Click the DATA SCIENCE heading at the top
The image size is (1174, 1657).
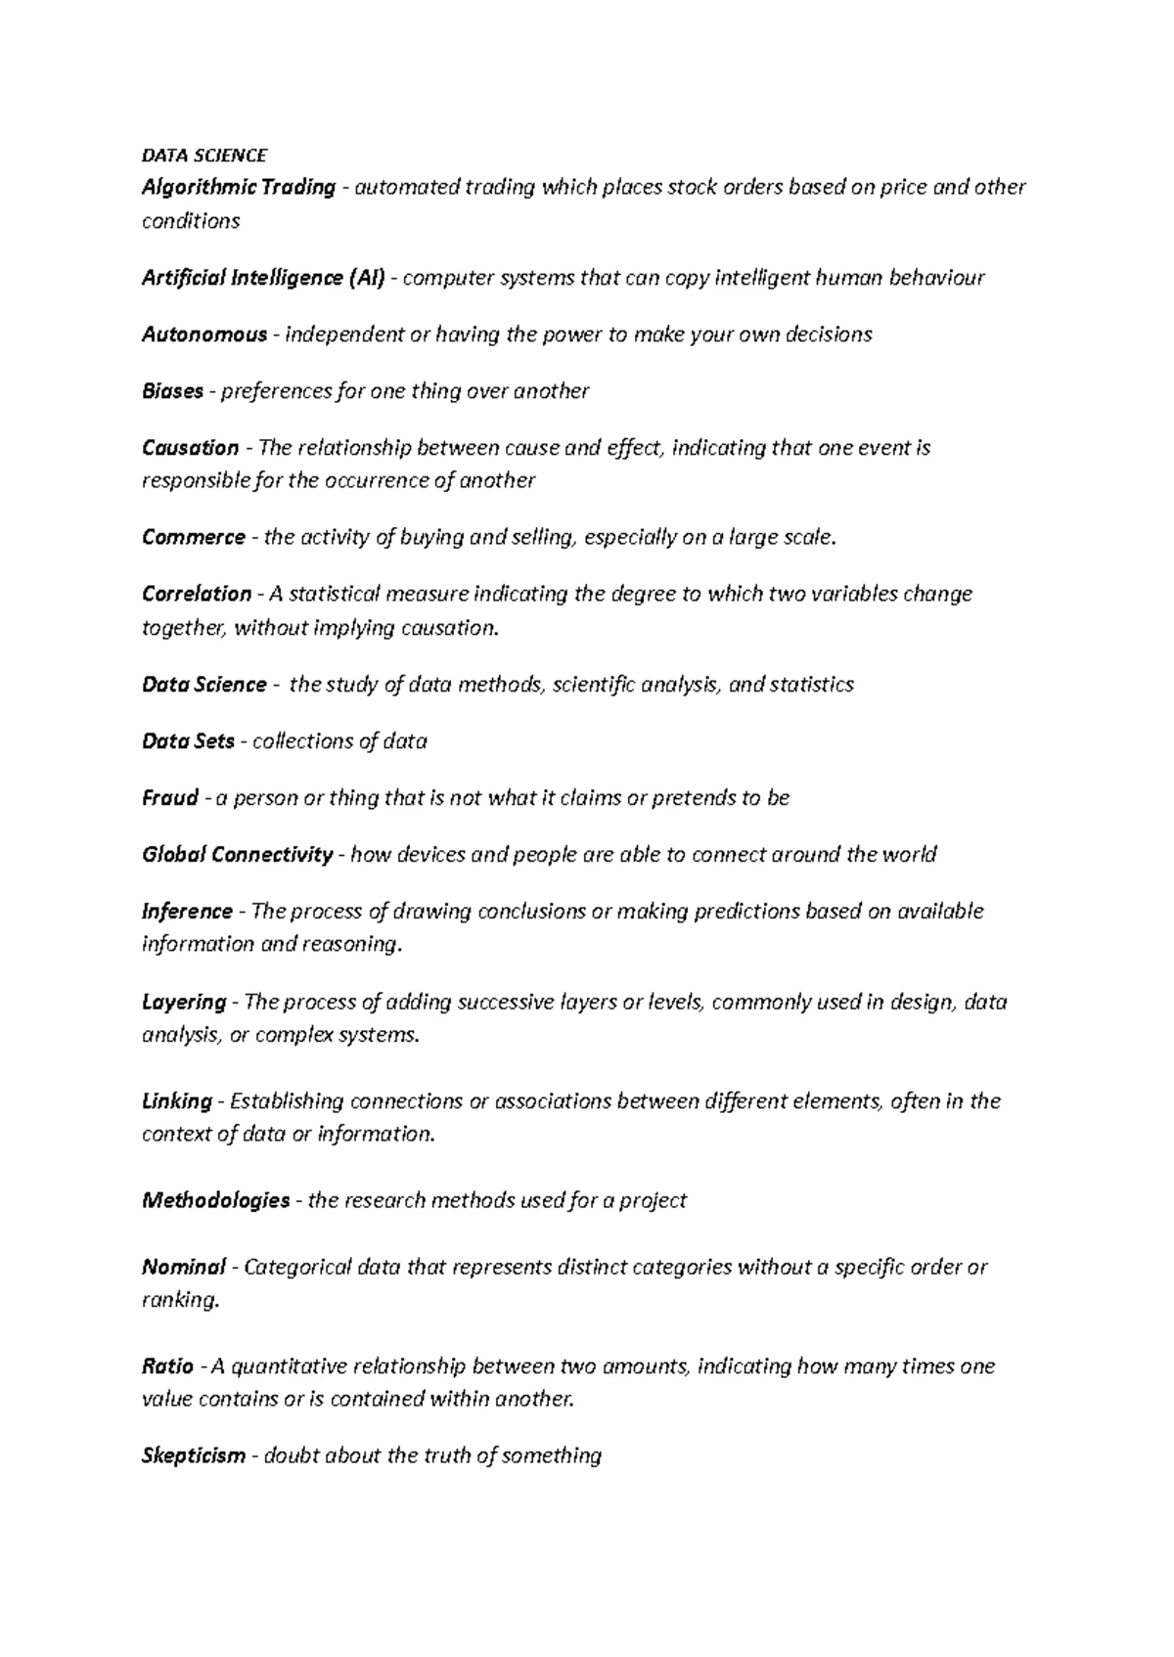[203, 156]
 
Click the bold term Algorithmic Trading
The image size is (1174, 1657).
[239, 187]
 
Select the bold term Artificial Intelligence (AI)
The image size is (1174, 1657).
[264, 278]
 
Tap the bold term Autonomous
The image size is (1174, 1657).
[204, 335]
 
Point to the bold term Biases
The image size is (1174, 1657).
[173, 391]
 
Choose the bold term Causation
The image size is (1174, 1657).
[190, 448]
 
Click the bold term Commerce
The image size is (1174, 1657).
[194, 537]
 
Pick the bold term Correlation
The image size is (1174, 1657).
[197, 594]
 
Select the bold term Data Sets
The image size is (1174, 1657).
[188, 741]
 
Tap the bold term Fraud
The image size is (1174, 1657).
[170, 798]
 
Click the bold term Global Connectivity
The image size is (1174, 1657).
[238, 855]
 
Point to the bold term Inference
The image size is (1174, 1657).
[187, 912]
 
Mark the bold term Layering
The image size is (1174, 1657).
[184, 1002]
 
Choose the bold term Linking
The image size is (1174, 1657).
[177, 1101]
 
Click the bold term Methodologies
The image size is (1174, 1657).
[216, 1200]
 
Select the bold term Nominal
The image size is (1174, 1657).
[184, 1268]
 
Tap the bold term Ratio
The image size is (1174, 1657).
[167, 1366]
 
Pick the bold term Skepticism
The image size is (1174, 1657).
[194, 1455]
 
